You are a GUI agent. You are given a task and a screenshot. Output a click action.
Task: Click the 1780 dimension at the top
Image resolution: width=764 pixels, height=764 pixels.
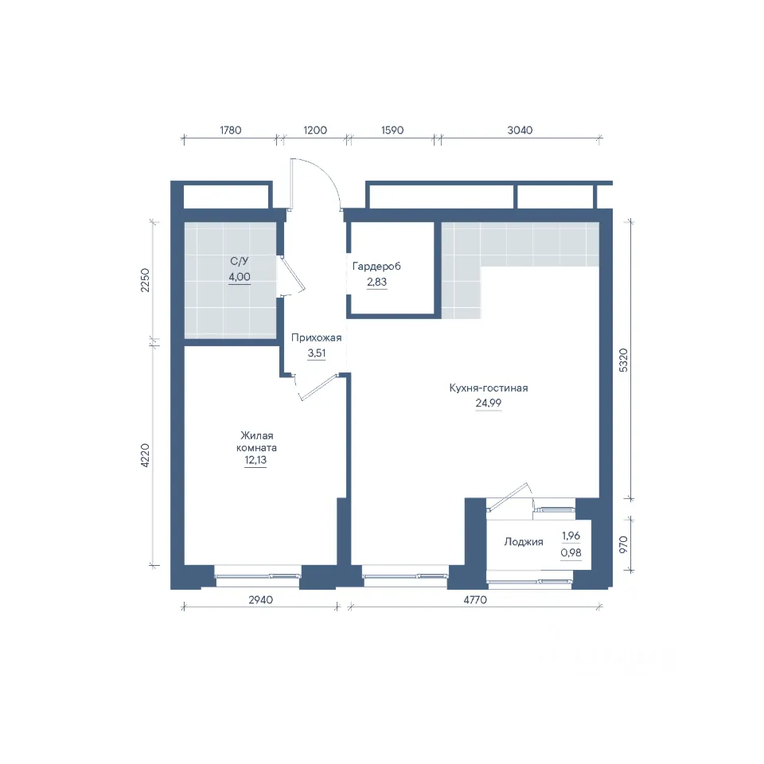pos(231,130)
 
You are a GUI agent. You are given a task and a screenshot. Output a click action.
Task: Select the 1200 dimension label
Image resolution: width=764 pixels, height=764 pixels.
pos(315,130)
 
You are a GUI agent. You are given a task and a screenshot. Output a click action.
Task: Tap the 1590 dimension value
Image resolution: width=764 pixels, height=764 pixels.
pos(392,130)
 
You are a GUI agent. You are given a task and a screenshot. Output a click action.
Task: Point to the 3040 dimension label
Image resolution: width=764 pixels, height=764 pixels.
pos(520,130)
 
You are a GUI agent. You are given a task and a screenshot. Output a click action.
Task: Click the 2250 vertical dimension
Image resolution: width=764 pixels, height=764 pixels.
pos(145,280)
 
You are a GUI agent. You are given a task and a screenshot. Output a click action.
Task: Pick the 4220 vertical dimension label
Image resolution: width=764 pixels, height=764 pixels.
pos(145,455)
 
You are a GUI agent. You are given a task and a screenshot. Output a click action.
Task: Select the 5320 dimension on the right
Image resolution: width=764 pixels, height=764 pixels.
pos(623,361)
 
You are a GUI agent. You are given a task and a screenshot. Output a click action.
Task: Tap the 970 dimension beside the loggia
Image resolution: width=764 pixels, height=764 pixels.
pos(623,544)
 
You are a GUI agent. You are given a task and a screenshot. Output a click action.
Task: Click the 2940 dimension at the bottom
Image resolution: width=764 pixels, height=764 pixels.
pos(261,600)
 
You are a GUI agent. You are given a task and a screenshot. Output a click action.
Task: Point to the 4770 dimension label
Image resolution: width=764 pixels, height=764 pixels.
pos(475,600)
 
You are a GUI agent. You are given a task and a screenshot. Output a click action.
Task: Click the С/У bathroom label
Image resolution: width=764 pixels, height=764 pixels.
pos(240,261)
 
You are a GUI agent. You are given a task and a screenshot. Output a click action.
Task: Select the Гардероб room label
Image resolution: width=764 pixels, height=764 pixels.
pos(376,267)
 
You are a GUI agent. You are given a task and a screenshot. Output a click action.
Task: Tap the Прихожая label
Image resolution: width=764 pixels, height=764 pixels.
pos(316,337)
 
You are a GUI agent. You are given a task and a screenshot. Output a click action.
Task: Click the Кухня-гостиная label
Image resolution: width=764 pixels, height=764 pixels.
pos(489,388)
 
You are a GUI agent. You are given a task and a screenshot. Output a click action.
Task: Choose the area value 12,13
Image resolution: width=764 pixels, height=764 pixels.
pos(255,460)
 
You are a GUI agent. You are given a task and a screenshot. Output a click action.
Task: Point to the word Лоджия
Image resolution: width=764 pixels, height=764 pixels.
pos(524,542)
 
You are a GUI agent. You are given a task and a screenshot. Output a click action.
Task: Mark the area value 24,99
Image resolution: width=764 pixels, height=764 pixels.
pos(488,403)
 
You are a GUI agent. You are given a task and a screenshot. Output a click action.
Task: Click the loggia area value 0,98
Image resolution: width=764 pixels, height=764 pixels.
pos(571,552)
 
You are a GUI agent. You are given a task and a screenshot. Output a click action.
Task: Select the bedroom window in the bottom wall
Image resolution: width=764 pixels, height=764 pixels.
pos(258,576)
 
